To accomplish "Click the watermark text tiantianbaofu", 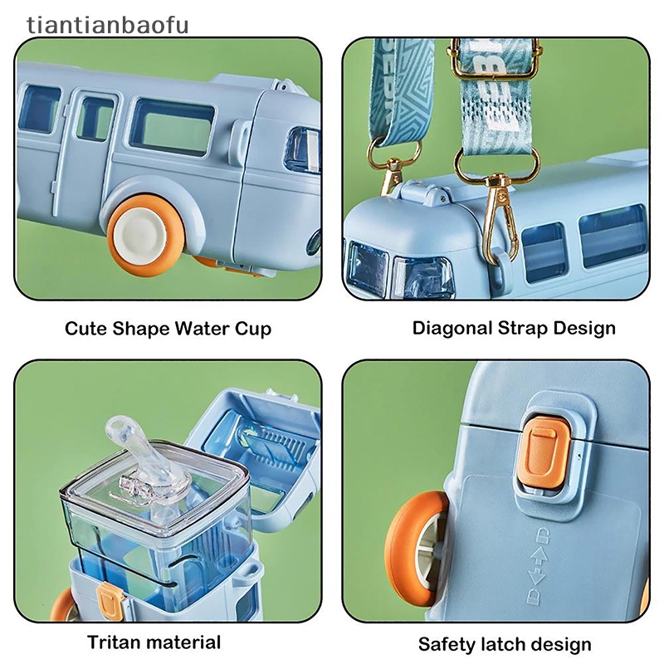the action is click(108, 25).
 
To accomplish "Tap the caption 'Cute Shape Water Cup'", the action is click(168, 328).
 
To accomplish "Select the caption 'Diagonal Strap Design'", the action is click(514, 328).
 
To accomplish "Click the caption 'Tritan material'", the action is click(154, 642).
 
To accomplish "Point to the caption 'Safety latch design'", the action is click(505, 644).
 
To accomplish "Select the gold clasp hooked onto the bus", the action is click(500, 212).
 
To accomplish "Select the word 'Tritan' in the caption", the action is click(113, 642).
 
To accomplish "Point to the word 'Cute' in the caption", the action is click(85, 328).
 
